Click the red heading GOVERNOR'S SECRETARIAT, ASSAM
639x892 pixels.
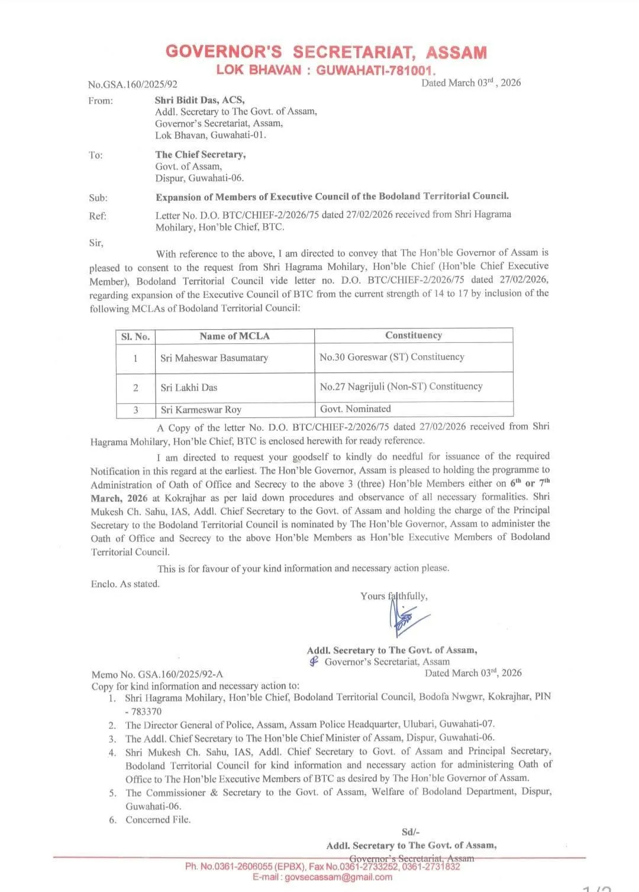tap(326, 52)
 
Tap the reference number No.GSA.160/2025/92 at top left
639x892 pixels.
tap(133, 85)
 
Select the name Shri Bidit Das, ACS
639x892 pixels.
tap(199, 100)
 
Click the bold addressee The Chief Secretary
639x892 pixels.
tap(201, 154)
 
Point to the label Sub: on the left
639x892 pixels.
tap(98, 198)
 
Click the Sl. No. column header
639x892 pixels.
tap(135, 337)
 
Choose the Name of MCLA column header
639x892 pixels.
tap(234, 336)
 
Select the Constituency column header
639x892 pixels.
tap(413, 336)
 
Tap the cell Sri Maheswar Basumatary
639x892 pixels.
tap(214, 358)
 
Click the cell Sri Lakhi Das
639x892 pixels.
tap(189, 388)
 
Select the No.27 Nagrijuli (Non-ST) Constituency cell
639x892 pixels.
tap(401, 387)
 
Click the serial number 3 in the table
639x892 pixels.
tap(135, 410)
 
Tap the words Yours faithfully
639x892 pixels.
tap(393, 596)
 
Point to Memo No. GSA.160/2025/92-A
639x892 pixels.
tap(157, 674)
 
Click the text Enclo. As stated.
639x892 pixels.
tap(125, 584)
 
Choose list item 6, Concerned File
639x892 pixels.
tap(157, 820)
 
